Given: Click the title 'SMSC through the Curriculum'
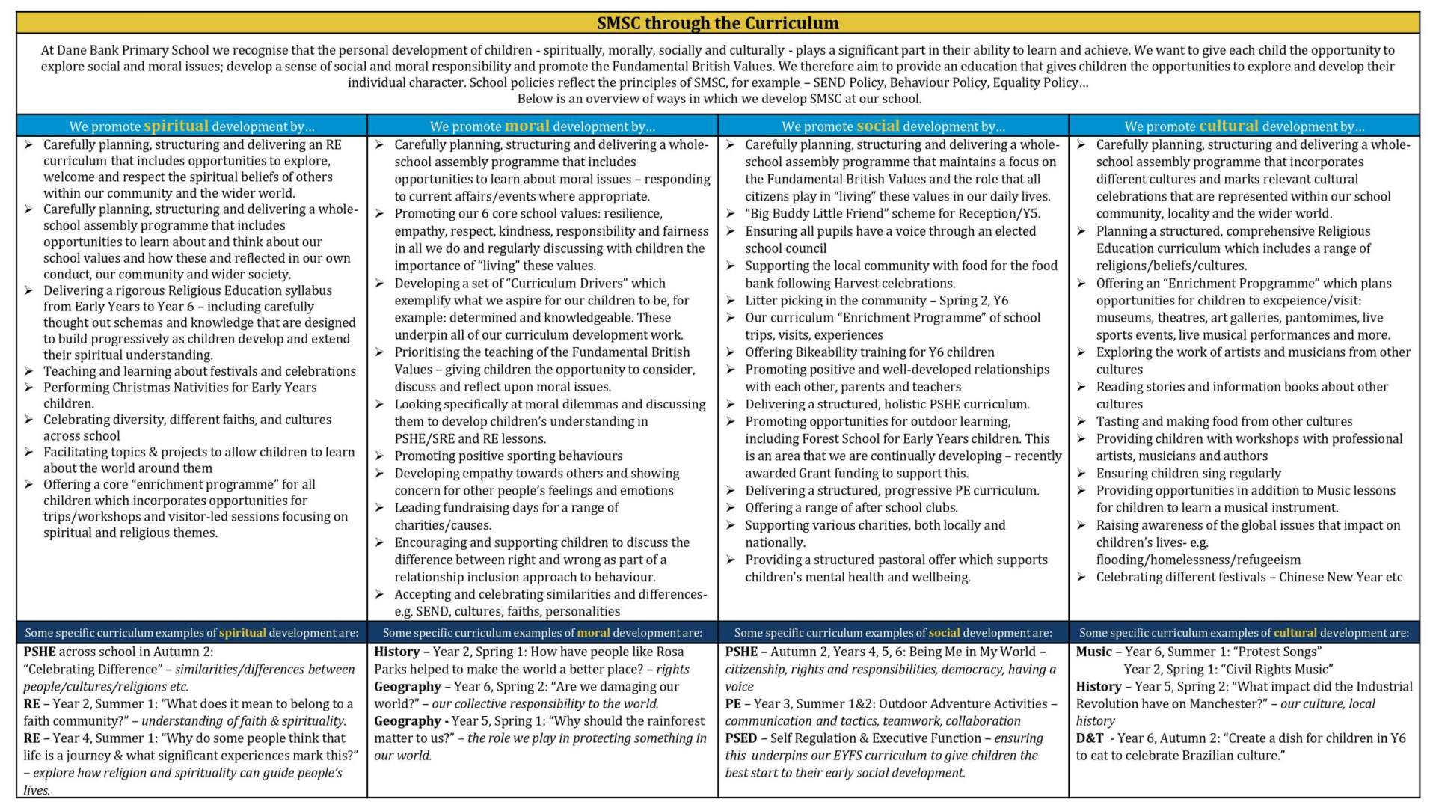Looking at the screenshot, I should [x=717, y=23].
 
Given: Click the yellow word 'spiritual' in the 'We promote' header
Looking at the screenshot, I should [x=176, y=126].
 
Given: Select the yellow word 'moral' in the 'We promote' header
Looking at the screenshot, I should [x=527, y=126].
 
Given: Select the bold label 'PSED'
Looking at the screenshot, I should [x=741, y=738].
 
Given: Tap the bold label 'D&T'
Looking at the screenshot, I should [x=1090, y=738].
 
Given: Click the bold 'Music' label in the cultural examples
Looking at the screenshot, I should [x=1093, y=652].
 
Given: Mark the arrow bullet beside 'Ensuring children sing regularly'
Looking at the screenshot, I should [x=1081, y=473].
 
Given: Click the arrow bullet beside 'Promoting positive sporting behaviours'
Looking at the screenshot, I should [x=380, y=456].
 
